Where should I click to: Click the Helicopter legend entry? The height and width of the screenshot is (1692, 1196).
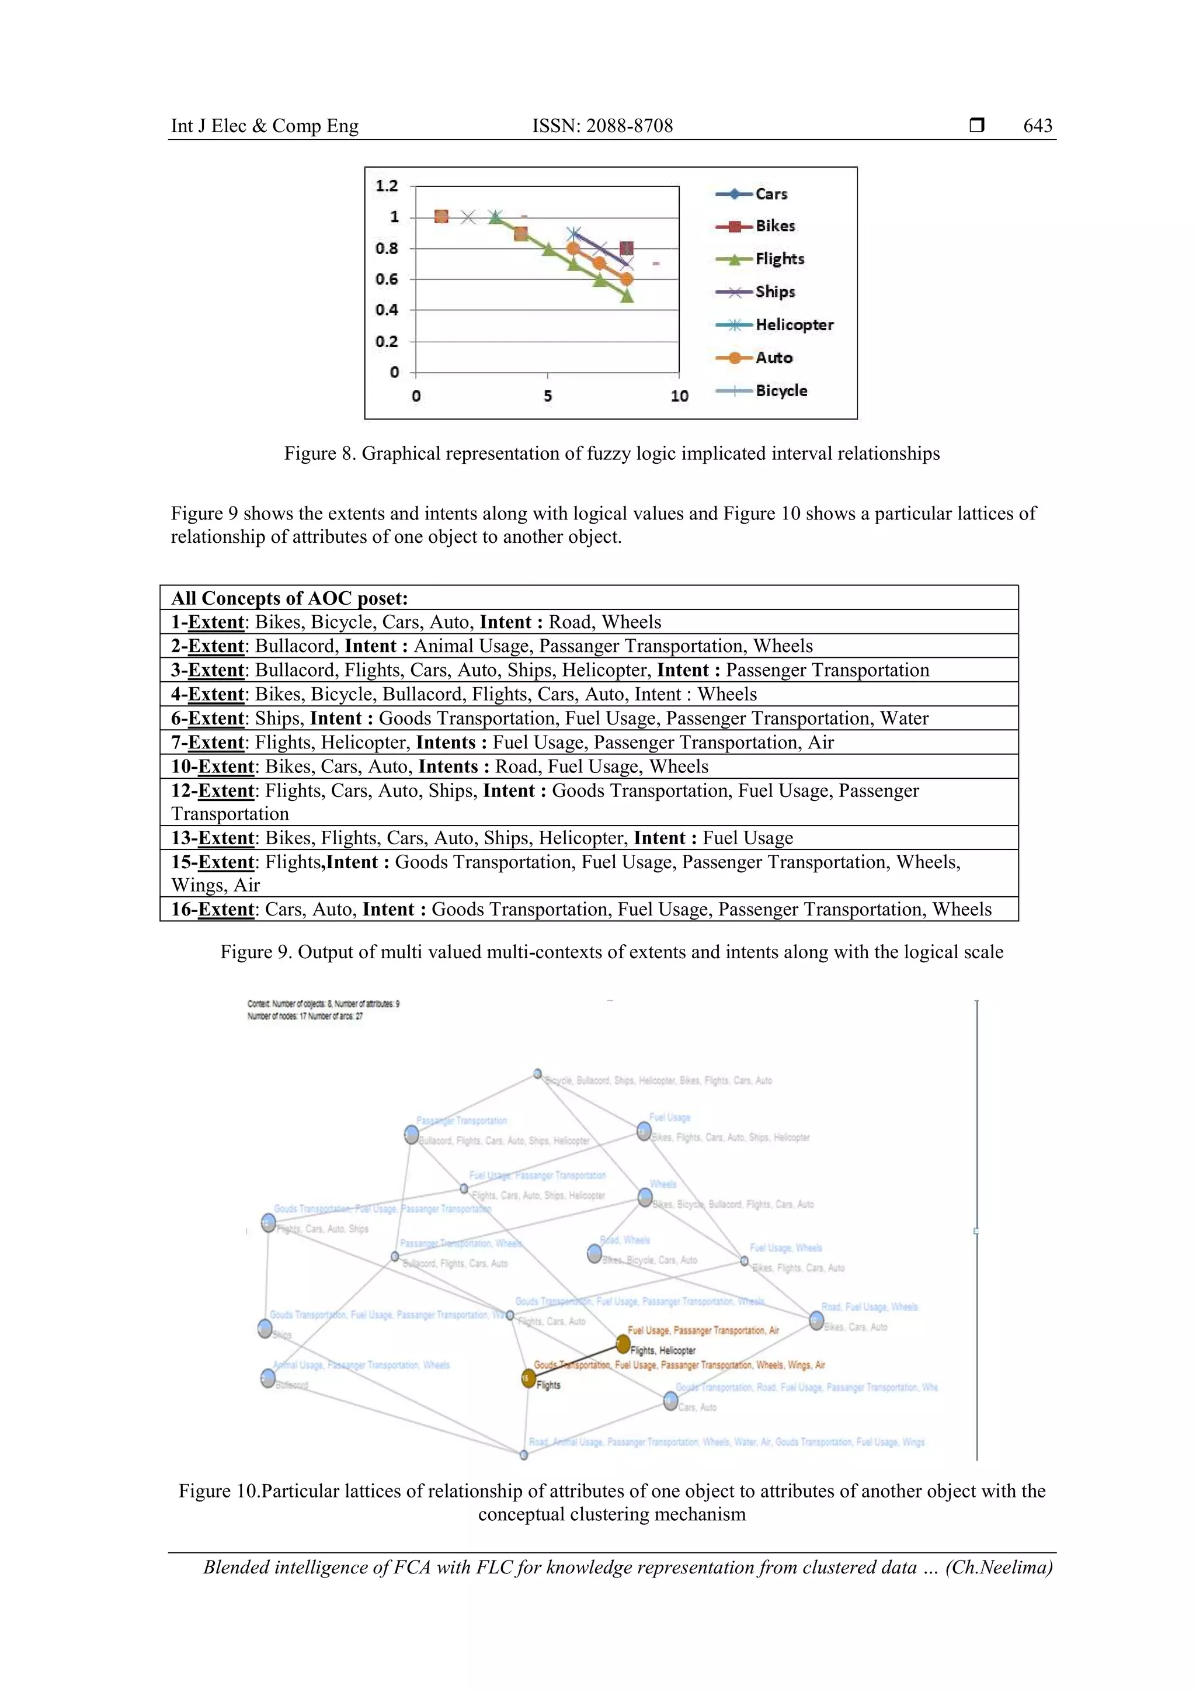793,325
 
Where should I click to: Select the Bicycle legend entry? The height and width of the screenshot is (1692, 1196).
781,391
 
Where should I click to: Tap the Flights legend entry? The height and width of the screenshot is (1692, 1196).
779,259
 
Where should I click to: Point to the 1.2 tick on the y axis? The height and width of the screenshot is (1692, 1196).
387,186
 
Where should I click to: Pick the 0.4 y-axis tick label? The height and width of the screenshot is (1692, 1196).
387,310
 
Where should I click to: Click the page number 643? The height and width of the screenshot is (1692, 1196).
1037,126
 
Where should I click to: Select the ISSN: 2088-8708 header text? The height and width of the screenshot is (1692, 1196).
603,126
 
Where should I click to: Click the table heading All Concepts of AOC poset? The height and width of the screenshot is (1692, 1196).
290,598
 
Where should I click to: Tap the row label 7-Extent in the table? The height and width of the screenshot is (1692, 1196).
208,742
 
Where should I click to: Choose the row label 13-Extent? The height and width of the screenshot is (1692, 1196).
213,838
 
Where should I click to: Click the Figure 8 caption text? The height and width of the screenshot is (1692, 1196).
611,453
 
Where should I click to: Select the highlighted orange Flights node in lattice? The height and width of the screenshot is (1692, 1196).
528,1378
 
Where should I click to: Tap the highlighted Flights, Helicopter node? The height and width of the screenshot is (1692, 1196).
623,1344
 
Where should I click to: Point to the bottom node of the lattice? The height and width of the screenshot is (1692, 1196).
524,1455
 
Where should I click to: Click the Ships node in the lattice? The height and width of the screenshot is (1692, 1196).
265,1328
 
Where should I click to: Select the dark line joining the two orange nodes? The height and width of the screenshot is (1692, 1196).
576,1361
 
